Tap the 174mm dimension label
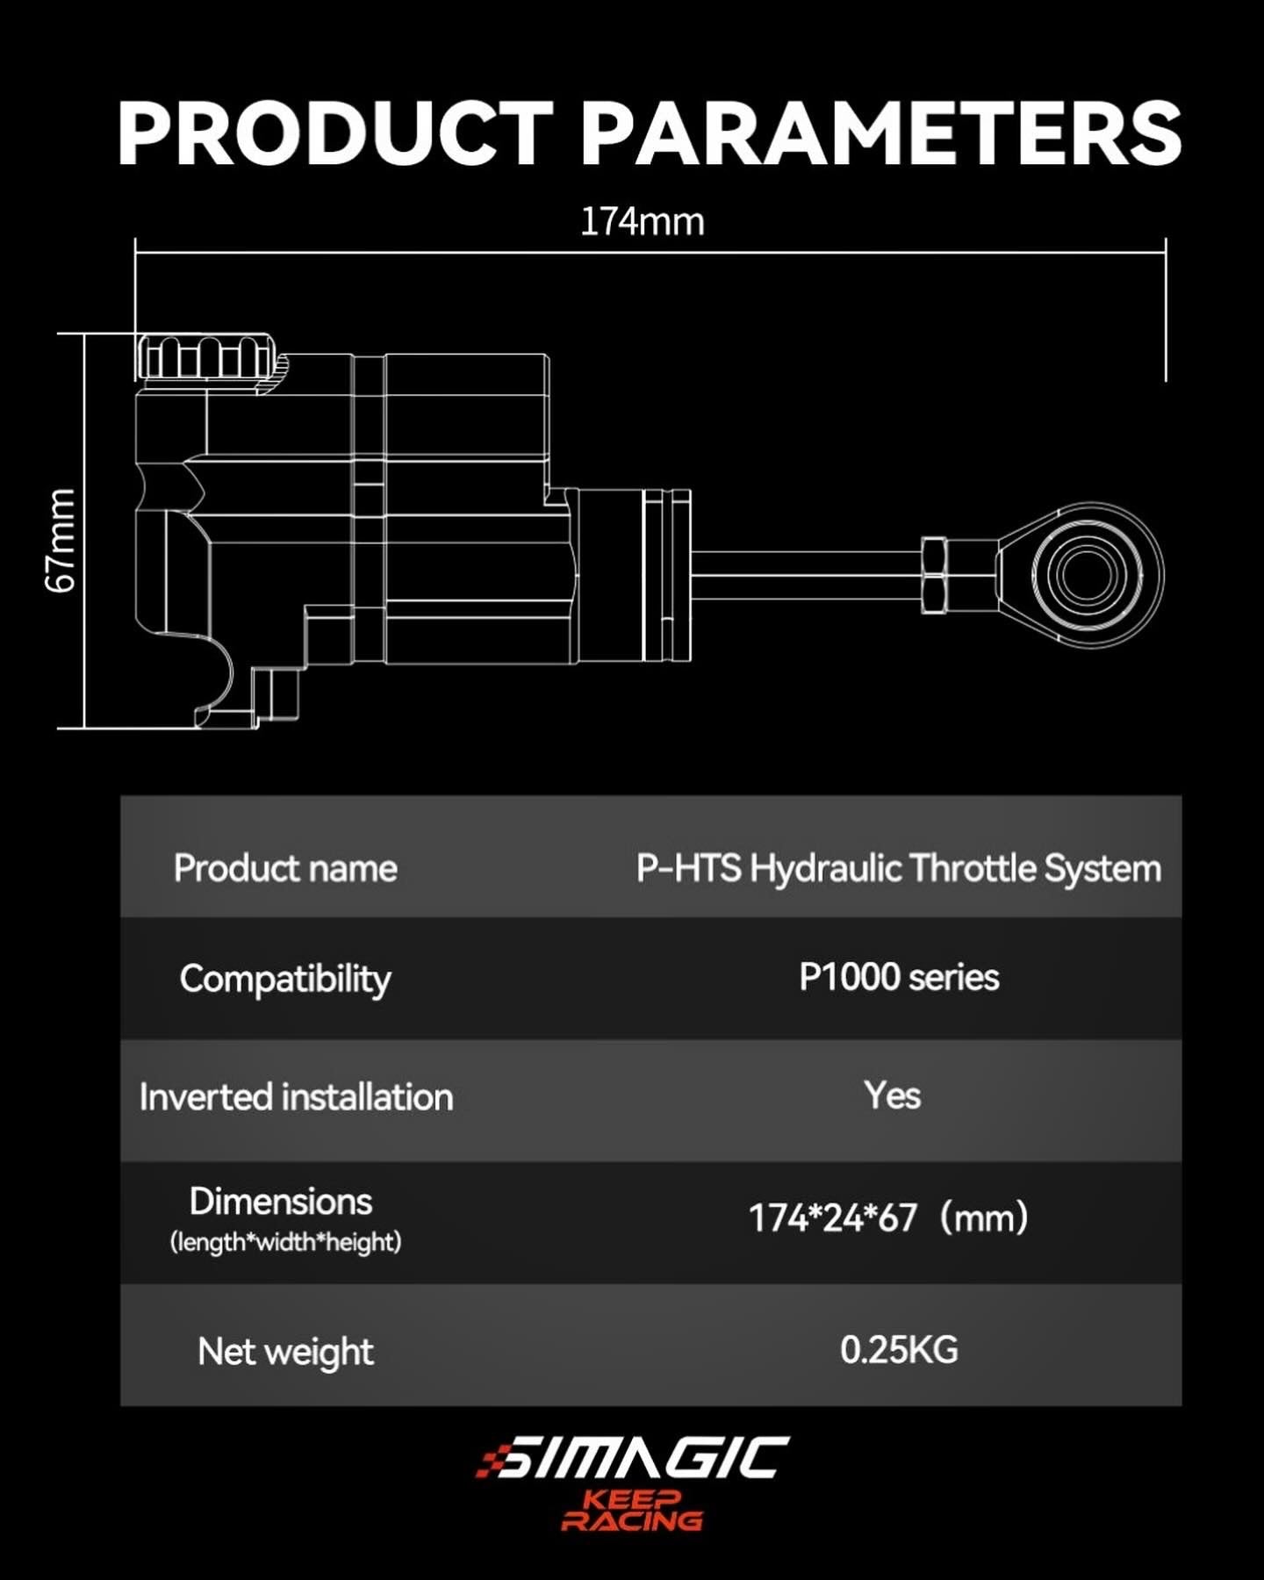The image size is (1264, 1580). (642, 221)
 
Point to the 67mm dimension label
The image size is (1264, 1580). (61, 541)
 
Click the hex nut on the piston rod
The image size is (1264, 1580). (933, 575)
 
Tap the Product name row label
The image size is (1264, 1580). (285, 868)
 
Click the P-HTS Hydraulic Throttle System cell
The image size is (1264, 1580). (898, 868)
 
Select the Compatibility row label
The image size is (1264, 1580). (285, 979)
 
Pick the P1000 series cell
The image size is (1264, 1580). (899, 977)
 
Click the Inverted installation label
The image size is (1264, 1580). (296, 1097)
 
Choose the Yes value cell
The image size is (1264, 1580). (892, 1095)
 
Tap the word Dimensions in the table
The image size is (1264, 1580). (281, 1202)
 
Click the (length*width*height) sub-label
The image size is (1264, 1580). (285, 1242)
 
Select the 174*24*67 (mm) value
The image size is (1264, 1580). (887, 1218)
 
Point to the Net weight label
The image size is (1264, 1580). (285, 1352)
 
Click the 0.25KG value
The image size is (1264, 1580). (899, 1350)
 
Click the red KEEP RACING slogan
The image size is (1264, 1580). (632, 1511)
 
